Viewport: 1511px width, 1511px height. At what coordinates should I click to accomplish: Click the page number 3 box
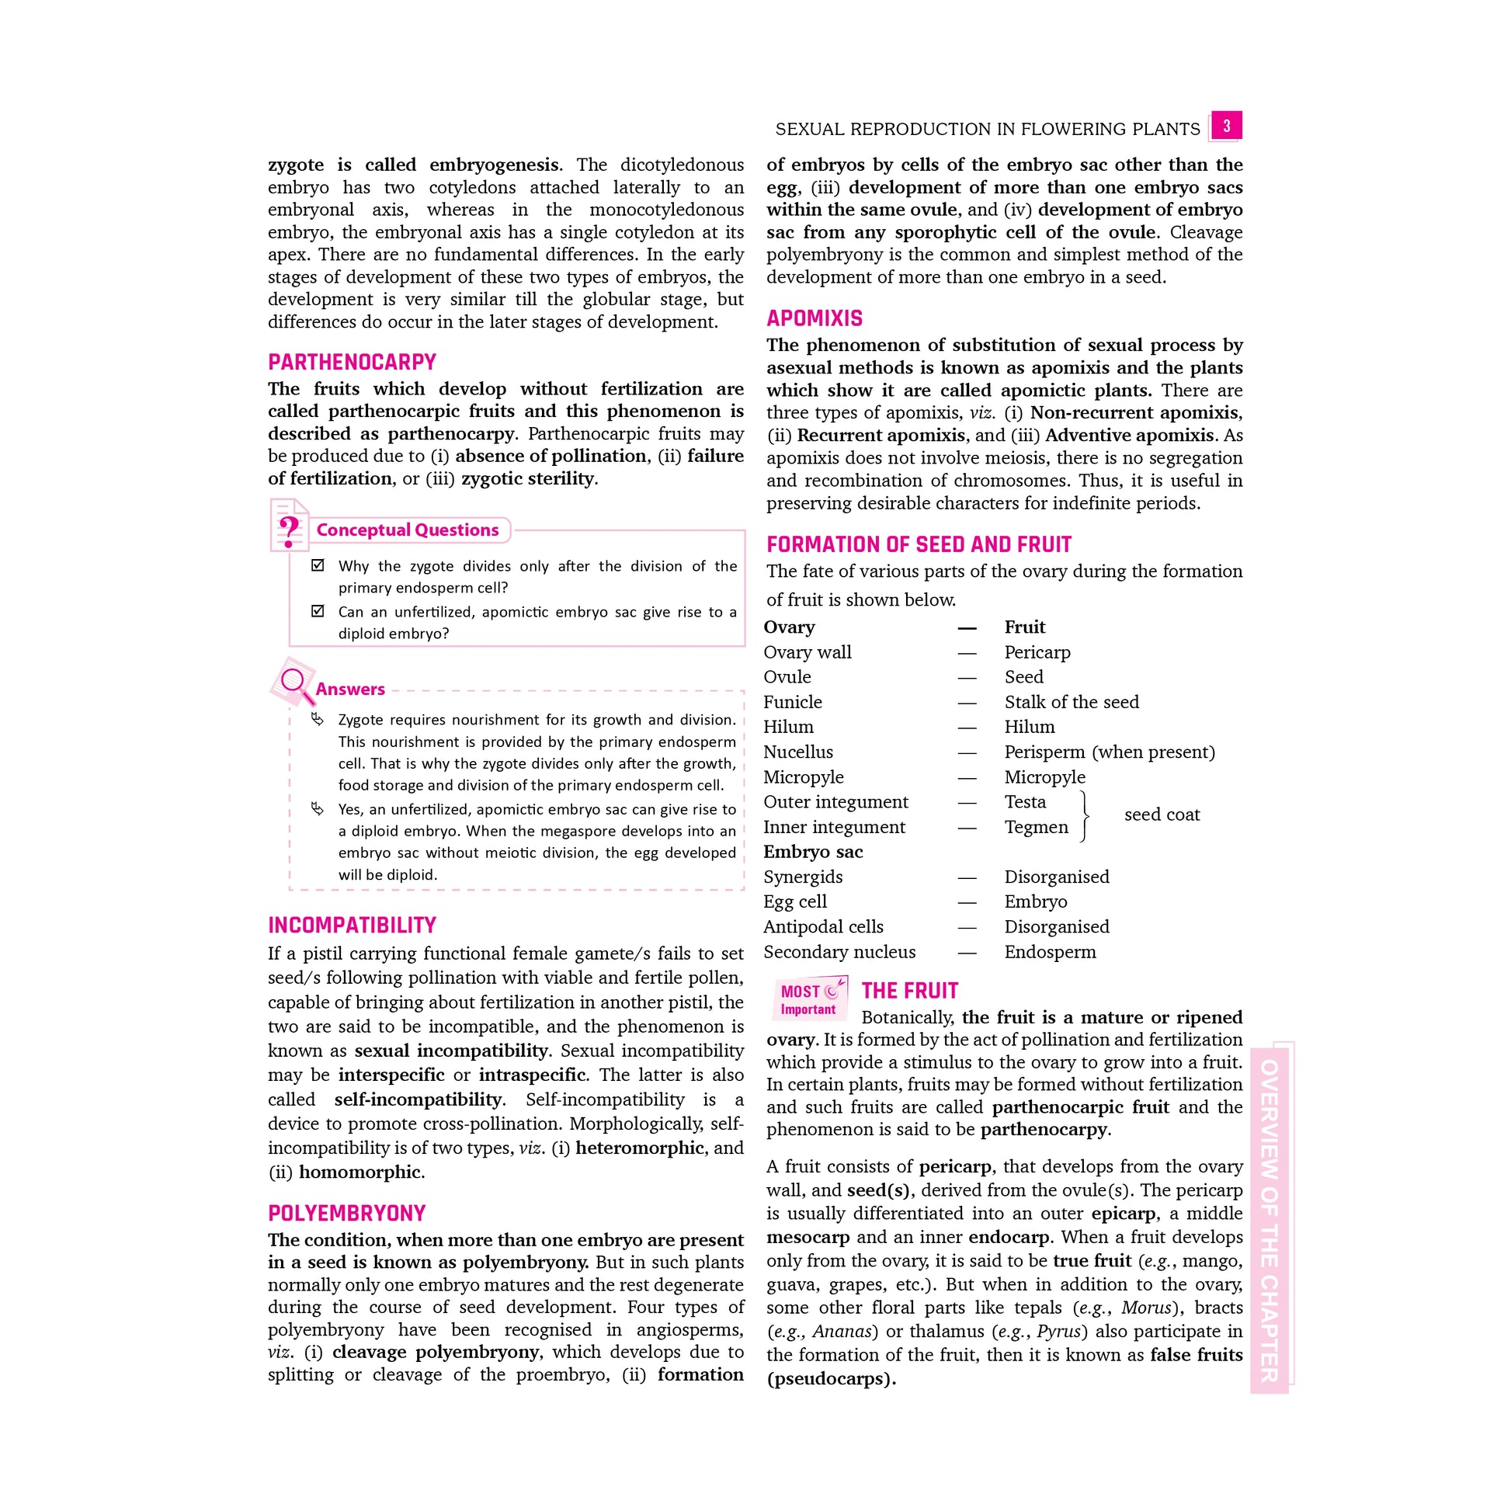tap(1225, 126)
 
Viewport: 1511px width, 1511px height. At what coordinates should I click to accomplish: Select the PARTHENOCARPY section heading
tap(352, 362)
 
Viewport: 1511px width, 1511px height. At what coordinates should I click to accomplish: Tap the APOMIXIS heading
tap(815, 318)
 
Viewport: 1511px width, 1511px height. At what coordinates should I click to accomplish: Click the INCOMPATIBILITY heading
tap(352, 926)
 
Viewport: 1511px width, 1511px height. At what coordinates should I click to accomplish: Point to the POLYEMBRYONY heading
tap(346, 1213)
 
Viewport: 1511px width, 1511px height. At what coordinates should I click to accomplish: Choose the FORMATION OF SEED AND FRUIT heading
tap(919, 544)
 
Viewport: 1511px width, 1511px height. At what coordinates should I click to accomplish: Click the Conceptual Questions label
tap(408, 530)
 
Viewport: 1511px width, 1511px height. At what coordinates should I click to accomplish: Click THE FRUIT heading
tap(909, 991)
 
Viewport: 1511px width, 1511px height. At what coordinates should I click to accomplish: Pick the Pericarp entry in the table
tap(1037, 652)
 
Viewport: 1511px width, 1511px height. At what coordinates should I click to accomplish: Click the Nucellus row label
tap(797, 752)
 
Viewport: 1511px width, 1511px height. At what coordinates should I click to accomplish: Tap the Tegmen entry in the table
tap(1036, 827)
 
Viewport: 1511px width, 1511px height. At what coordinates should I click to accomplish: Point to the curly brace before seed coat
tap(1084, 815)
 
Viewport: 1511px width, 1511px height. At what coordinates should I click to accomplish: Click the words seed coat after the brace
tap(1162, 815)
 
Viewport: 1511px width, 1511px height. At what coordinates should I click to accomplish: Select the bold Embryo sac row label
tap(813, 852)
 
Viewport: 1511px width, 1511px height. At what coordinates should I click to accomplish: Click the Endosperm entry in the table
tap(1050, 952)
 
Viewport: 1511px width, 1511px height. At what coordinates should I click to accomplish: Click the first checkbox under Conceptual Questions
tap(318, 564)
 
